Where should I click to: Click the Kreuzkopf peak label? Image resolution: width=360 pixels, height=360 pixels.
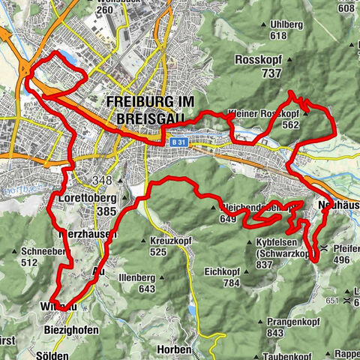[169, 240]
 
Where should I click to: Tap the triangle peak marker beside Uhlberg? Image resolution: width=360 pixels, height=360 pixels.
[263, 24]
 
